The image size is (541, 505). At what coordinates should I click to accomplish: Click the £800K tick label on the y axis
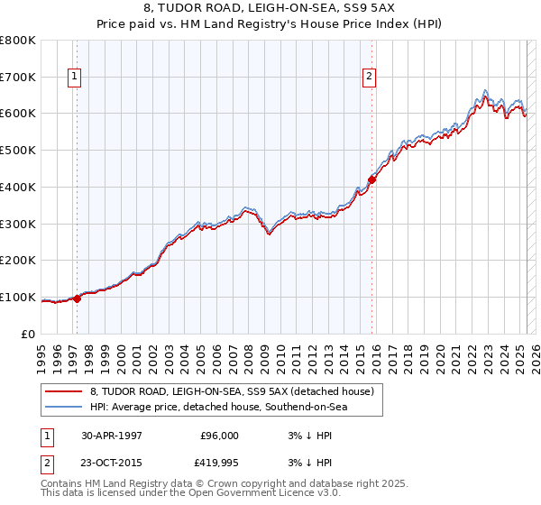click(x=18, y=41)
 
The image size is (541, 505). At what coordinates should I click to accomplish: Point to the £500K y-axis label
click(x=18, y=151)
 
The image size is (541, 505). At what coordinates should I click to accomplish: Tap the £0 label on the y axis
click(x=29, y=334)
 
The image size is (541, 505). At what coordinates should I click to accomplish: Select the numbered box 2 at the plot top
click(x=370, y=78)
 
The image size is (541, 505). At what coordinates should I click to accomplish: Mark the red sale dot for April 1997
click(x=78, y=299)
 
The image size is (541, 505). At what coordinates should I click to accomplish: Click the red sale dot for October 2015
click(x=371, y=179)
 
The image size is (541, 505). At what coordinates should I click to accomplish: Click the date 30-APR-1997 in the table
click(x=112, y=436)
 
